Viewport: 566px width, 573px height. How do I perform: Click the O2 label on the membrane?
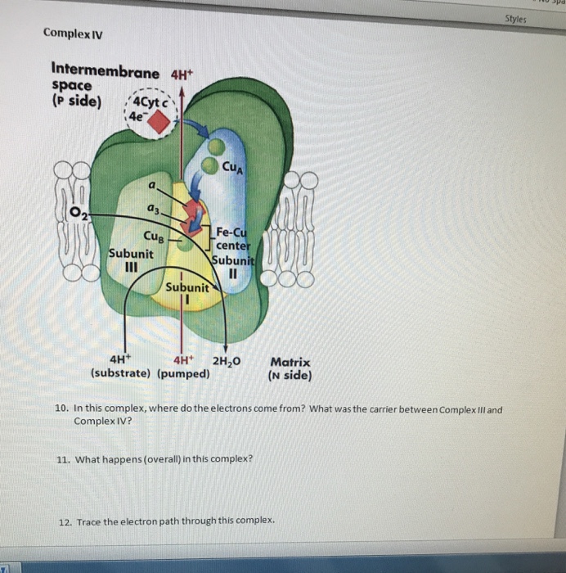coord(79,214)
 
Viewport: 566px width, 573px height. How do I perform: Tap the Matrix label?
coord(290,361)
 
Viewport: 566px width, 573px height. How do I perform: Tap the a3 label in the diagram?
coord(153,211)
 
